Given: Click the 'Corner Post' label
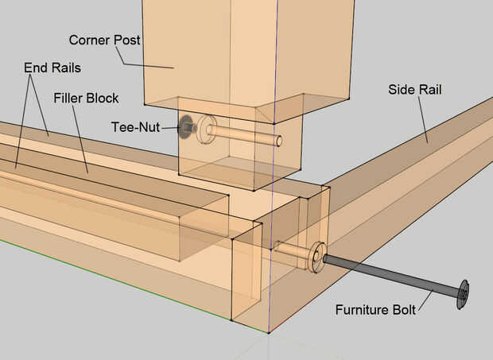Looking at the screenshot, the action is [x=104, y=40].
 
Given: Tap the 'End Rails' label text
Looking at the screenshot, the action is [x=52, y=68].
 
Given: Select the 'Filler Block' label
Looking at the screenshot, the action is [x=86, y=98].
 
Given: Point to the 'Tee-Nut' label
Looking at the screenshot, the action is [x=135, y=127].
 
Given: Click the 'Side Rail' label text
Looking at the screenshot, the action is [x=415, y=90].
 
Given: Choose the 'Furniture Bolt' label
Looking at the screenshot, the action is [x=375, y=310].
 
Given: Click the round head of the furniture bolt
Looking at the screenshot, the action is [x=463, y=294].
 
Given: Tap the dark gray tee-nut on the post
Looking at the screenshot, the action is [x=185, y=126].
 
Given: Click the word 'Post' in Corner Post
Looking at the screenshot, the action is [x=126, y=40].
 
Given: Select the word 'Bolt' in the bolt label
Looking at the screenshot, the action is [x=404, y=310].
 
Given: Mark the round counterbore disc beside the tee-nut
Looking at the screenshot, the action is [x=206, y=129].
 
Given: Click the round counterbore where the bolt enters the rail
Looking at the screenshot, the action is [x=317, y=257].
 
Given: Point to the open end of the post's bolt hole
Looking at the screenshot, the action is [x=279, y=140].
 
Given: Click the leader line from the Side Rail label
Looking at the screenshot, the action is [x=423, y=120].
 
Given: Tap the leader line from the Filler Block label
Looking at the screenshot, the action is [x=80, y=139].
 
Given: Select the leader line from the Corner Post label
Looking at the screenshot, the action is [x=144, y=57].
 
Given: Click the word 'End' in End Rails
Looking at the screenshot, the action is [x=33, y=68].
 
